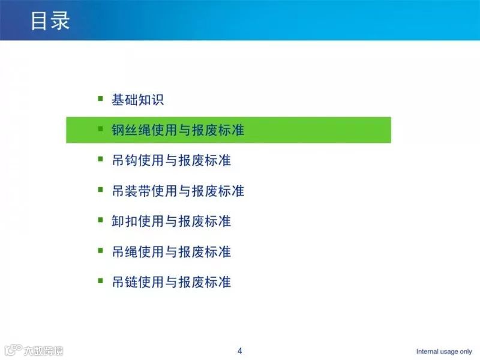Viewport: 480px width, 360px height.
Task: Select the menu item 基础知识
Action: (x=137, y=100)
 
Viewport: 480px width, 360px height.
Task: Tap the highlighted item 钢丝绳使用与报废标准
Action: (x=178, y=130)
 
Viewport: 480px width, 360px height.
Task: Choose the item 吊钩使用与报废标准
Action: (x=171, y=160)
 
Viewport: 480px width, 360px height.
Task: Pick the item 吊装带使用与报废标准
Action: (x=178, y=191)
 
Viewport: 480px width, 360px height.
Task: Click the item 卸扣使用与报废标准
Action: (x=171, y=221)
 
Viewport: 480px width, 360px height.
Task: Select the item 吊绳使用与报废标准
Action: (x=171, y=251)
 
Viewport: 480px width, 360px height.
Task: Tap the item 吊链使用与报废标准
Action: (x=171, y=282)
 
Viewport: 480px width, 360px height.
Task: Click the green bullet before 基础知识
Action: (x=100, y=98)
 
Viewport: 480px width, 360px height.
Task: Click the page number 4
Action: (x=240, y=351)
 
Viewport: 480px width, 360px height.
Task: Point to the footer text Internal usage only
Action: (x=444, y=352)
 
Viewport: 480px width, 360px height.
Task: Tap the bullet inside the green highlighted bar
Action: (x=100, y=128)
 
